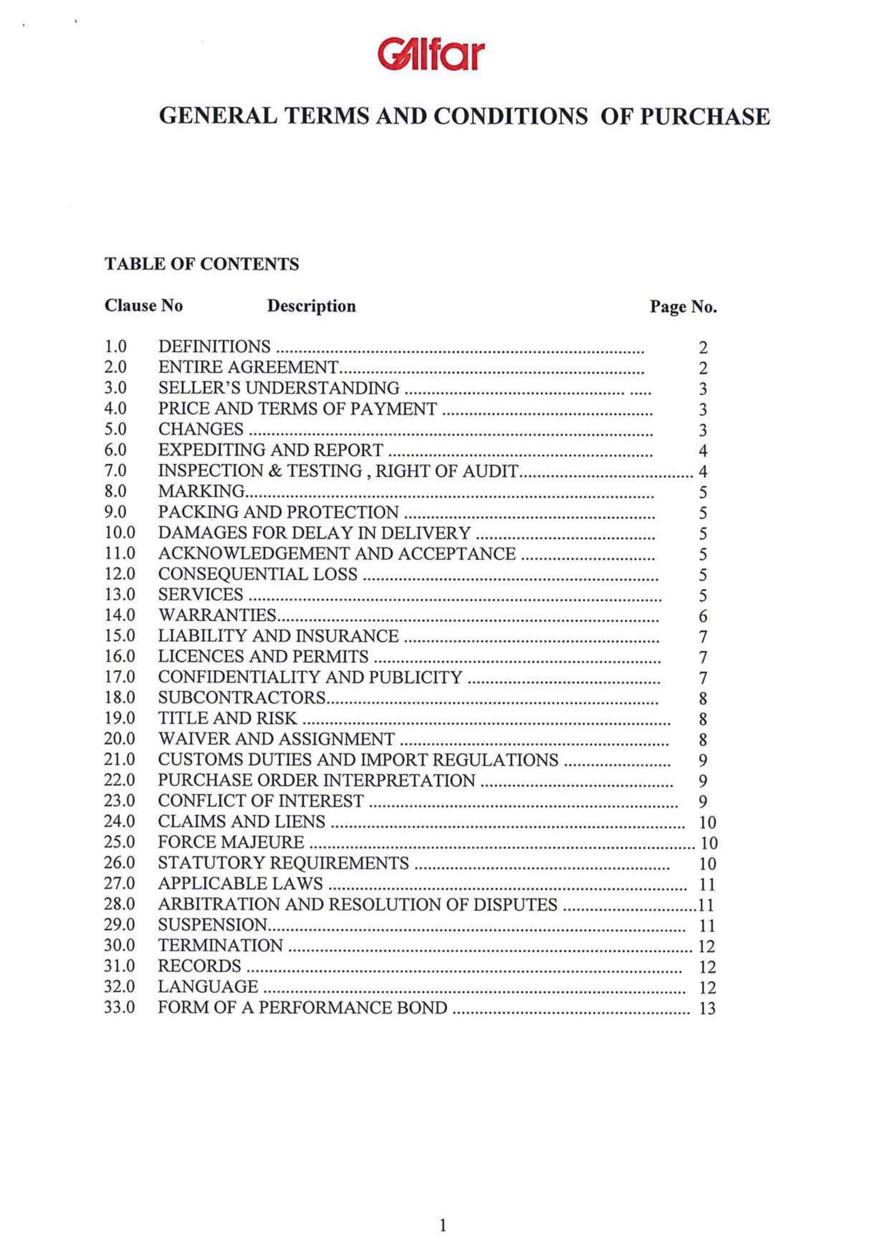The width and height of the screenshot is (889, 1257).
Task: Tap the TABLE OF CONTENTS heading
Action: (202, 264)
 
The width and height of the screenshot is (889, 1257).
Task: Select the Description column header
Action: (311, 306)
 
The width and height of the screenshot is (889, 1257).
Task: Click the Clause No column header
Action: (144, 305)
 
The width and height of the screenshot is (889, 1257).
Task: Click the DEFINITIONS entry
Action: (214, 347)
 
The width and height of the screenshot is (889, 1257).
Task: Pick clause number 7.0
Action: (116, 470)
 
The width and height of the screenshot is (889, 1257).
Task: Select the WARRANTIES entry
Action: (217, 615)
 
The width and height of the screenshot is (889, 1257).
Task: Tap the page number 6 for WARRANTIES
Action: (703, 616)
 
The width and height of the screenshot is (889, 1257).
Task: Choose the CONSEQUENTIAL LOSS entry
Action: (257, 574)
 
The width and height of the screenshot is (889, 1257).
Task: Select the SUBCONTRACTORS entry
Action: (242, 698)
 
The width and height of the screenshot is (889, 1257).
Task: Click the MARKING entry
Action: (202, 491)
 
